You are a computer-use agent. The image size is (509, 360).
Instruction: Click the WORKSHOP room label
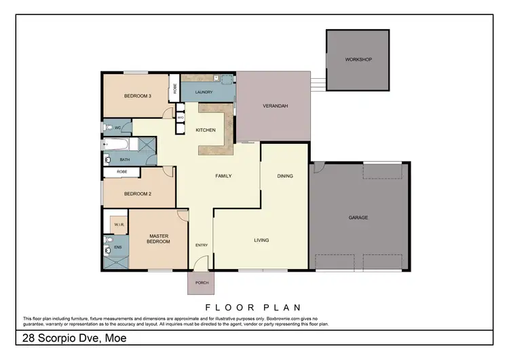pos(358,60)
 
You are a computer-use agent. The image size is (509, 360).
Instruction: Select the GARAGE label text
pos(358,217)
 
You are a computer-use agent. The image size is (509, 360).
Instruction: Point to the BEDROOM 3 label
pos(137,96)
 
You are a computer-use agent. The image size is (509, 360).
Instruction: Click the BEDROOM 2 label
pos(137,194)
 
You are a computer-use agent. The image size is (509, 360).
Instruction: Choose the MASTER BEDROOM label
pos(159,238)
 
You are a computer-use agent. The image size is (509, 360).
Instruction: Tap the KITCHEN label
pos(206,130)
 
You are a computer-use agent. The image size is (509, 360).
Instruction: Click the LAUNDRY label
pos(204,92)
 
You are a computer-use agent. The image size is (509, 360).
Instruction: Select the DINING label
pos(285,176)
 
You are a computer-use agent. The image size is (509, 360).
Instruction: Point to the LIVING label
pos(261,240)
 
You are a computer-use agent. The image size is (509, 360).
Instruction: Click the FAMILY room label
pos(223,176)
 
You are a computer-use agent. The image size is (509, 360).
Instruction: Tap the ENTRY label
pos(202,245)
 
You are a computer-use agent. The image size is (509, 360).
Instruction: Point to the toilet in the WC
pos(109,127)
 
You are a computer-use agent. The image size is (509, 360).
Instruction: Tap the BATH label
pos(125,160)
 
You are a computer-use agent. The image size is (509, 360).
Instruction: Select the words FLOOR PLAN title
pos(252,307)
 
